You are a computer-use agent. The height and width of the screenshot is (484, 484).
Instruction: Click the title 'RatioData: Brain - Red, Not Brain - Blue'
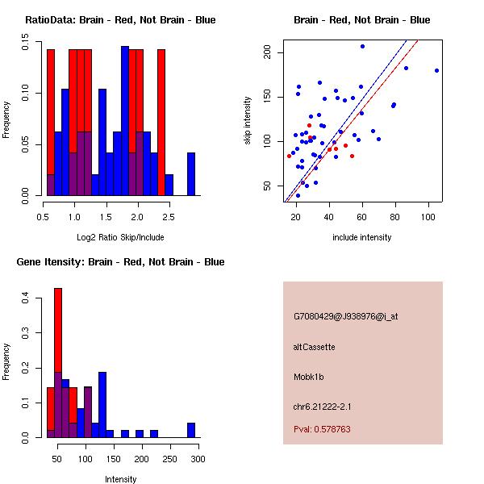tap(120, 20)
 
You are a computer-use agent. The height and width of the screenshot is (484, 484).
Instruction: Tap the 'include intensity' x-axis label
tap(362, 237)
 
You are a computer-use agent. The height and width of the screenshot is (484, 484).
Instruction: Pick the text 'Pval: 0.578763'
tap(322, 430)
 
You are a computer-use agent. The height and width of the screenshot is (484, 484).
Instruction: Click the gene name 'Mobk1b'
tap(311, 377)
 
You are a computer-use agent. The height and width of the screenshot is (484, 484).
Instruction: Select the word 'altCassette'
tap(315, 347)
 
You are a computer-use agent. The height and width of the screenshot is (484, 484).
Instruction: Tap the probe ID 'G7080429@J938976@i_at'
tap(346, 316)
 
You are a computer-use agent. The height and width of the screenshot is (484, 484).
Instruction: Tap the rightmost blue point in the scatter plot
tap(436, 70)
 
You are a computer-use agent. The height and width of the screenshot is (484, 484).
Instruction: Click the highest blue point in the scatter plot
tap(362, 46)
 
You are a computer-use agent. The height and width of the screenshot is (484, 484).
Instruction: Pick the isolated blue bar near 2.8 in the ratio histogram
tap(191, 173)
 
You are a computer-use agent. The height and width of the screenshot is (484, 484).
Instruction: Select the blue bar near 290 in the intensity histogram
tap(191, 430)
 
